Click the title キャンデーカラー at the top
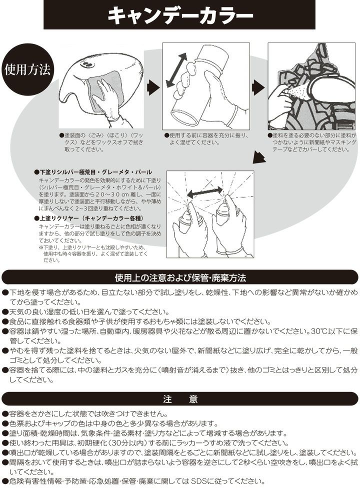[180, 15]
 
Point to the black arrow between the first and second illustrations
[153, 88]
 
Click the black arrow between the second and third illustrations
[258, 88]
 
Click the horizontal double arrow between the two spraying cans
[205, 192]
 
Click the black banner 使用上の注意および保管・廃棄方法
[180, 278]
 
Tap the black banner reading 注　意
[180, 399]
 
